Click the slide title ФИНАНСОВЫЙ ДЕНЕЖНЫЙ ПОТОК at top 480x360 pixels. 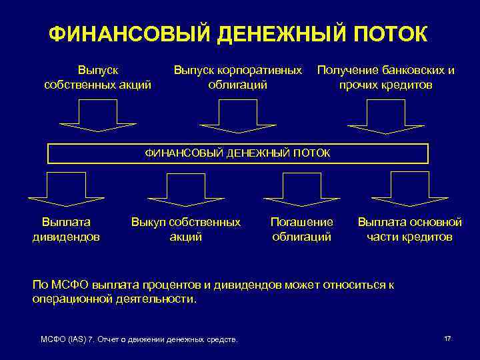click(x=238, y=34)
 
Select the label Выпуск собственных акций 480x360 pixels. click(x=97, y=77)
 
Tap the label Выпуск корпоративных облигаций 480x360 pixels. click(x=238, y=77)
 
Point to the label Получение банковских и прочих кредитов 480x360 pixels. click(x=386, y=77)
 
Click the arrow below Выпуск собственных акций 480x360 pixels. click(x=97, y=117)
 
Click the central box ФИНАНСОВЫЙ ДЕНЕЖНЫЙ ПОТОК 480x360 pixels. click(x=238, y=153)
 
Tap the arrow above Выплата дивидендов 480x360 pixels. click(x=57, y=189)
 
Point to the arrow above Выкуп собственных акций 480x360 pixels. click(x=177, y=189)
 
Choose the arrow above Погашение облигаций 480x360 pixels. click(x=302, y=189)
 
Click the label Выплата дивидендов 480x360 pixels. click(x=66, y=229)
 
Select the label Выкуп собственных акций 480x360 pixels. click(x=186, y=229)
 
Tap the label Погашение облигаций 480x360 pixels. click(x=302, y=229)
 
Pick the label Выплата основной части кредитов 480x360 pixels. click(x=409, y=229)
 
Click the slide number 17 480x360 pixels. click(x=447, y=339)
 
